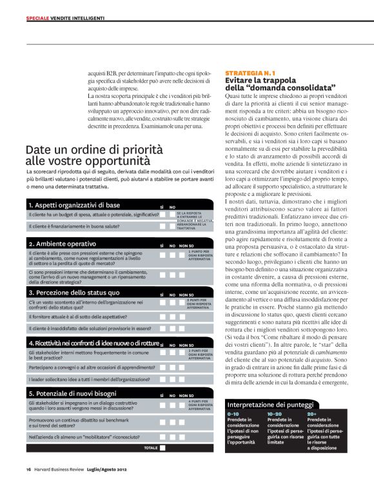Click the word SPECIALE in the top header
tap(37, 17)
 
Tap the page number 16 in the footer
tap(29, 469)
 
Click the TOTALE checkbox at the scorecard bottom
tap(163, 447)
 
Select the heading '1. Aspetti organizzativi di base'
tap(75, 205)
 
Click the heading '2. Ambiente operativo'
tap(63, 244)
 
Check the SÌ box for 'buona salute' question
tap(163, 226)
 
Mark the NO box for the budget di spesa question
tap(172, 214)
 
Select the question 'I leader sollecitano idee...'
tap(81, 379)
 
